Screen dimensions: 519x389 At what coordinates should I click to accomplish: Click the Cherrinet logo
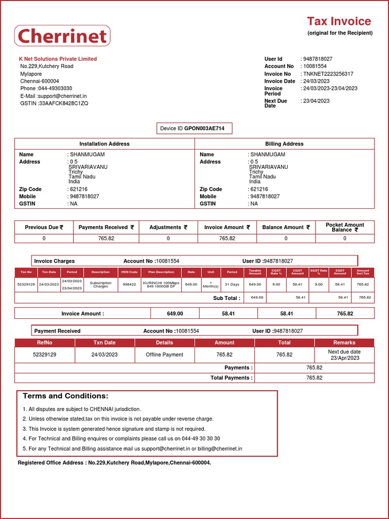(x=62, y=36)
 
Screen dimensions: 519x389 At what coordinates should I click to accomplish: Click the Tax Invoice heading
(x=339, y=21)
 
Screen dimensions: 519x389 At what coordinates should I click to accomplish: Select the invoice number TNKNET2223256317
(x=328, y=74)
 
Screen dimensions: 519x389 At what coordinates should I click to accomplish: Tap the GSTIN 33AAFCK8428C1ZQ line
(x=54, y=103)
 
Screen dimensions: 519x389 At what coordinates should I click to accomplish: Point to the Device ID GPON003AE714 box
(x=194, y=129)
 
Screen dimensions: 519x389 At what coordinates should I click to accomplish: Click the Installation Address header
(x=104, y=144)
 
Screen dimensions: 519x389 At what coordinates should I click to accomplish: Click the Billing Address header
(x=284, y=144)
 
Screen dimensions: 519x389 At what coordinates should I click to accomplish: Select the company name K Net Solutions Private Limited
(x=58, y=59)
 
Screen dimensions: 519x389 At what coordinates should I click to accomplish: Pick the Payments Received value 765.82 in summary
(x=106, y=238)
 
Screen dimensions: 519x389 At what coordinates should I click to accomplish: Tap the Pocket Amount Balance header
(x=344, y=227)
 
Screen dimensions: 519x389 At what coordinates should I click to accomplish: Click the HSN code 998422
(x=129, y=284)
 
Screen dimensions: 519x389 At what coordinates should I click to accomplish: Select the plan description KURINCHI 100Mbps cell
(x=161, y=284)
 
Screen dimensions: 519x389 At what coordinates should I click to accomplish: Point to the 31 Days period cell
(x=231, y=284)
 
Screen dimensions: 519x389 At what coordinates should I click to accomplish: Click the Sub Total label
(x=226, y=298)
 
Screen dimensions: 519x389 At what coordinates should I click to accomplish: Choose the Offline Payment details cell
(x=164, y=355)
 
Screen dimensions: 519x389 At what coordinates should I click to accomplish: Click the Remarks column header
(x=344, y=343)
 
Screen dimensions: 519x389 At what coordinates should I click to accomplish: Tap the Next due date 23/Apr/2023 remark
(x=344, y=355)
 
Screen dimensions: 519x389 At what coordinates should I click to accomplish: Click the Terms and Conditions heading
(x=65, y=396)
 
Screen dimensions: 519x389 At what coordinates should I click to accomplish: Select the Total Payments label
(x=231, y=378)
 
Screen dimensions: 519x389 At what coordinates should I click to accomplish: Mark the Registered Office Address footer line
(x=114, y=463)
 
